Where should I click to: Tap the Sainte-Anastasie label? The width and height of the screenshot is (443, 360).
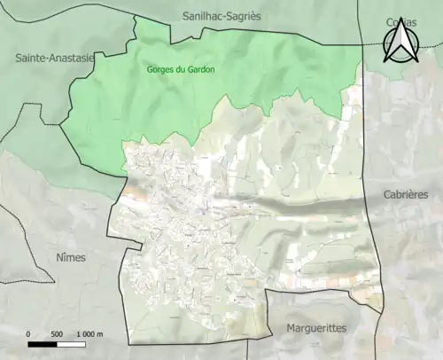[x=52, y=58]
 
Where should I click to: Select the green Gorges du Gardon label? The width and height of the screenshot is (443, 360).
[x=180, y=69]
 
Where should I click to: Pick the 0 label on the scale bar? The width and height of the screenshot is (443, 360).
[x=28, y=333]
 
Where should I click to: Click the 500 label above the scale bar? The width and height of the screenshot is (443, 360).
[x=56, y=333]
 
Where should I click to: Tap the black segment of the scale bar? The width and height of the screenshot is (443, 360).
[x=43, y=343]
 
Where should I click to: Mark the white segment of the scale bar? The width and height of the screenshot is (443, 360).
[x=71, y=343]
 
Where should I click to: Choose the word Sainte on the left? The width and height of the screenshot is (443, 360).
[x=28, y=58]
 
